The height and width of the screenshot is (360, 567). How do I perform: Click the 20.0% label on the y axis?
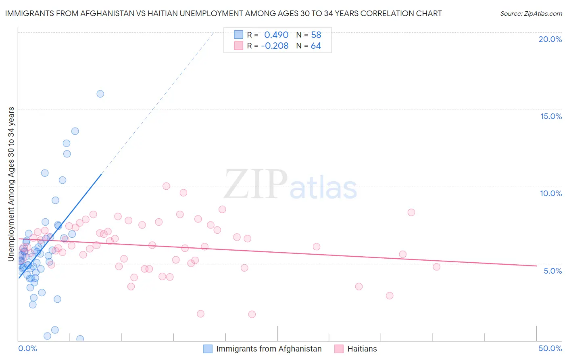coord(550,39)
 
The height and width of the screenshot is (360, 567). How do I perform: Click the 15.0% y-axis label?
coord(551,116)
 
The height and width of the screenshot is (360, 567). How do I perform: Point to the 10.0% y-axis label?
coord(551,193)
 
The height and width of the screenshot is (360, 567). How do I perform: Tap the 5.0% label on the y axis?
coord(552,271)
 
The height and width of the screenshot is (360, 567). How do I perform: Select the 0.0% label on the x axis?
coord(27,348)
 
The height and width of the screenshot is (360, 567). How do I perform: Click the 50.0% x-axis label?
coord(550,348)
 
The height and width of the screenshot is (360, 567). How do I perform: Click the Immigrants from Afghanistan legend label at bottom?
coord(269,349)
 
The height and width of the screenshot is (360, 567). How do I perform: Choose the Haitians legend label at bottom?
coord(362,349)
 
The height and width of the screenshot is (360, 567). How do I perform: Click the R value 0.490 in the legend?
coord(276,35)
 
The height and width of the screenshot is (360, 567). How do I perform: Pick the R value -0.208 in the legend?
coord(275,46)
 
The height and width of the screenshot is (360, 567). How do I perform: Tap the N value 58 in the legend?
coord(316,35)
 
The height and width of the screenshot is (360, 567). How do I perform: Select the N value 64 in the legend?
coord(316,46)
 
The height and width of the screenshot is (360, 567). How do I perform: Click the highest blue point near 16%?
coord(100,94)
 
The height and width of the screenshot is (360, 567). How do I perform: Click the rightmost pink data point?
coord(436,267)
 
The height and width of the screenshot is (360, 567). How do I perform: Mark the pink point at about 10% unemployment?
coord(166,186)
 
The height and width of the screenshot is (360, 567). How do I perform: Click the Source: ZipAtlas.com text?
coord(531,14)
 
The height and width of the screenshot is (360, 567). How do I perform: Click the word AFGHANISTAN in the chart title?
coord(108,14)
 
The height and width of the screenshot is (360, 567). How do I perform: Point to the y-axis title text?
coord(11,184)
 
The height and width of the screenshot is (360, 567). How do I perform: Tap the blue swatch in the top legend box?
coord(239,35)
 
